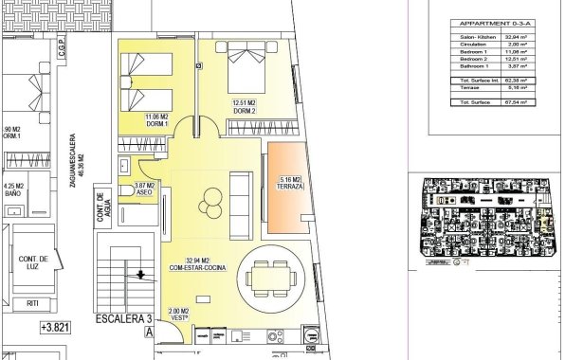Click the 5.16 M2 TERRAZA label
point(291,183)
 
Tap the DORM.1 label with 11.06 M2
point(156,120)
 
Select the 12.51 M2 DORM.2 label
point(246,107)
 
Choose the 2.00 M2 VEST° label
point(179,314)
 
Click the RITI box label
point(33,304)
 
